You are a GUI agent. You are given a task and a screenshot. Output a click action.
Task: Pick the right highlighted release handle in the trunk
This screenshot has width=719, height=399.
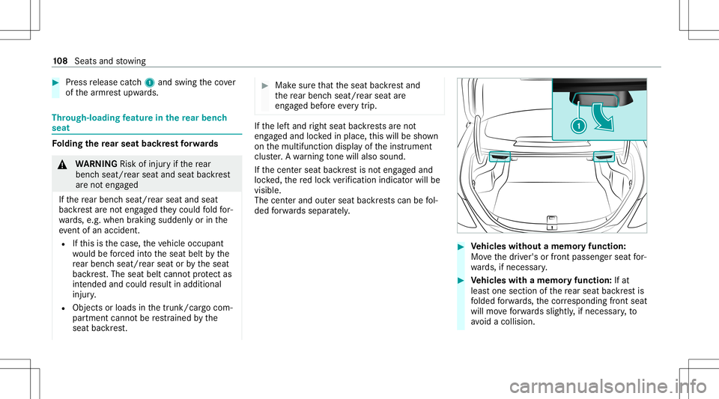[604, 156]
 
